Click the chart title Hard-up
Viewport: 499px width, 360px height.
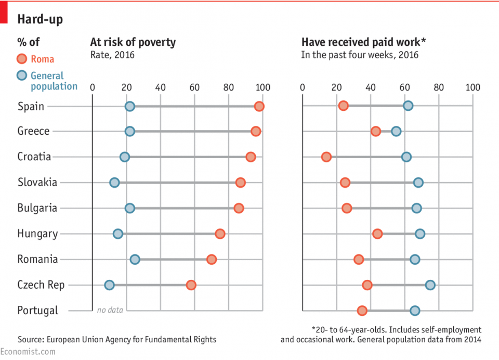(x=40, y=20)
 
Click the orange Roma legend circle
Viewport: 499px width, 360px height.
(x=21, y=59)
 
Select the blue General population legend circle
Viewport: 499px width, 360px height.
(x=21, y=75)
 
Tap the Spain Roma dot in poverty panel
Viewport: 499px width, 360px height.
(x=259, y=106)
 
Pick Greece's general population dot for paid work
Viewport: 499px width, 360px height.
(x=396, y=131)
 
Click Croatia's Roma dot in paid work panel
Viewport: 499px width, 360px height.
(x=326, y=157)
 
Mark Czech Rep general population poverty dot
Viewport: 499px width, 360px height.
(x=109, y=285)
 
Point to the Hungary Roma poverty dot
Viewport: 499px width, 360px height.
(x=220, y=234)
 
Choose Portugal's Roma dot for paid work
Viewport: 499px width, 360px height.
(x=362, y=311)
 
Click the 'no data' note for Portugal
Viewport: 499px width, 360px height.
(x=110, y=310)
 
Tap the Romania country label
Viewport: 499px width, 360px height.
(x=37, y=259)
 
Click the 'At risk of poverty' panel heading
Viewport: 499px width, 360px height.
(x=133, y=42)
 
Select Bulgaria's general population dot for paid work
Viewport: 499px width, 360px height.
(x=416, y=208)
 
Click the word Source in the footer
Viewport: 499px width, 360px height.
(x=30, y=340)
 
